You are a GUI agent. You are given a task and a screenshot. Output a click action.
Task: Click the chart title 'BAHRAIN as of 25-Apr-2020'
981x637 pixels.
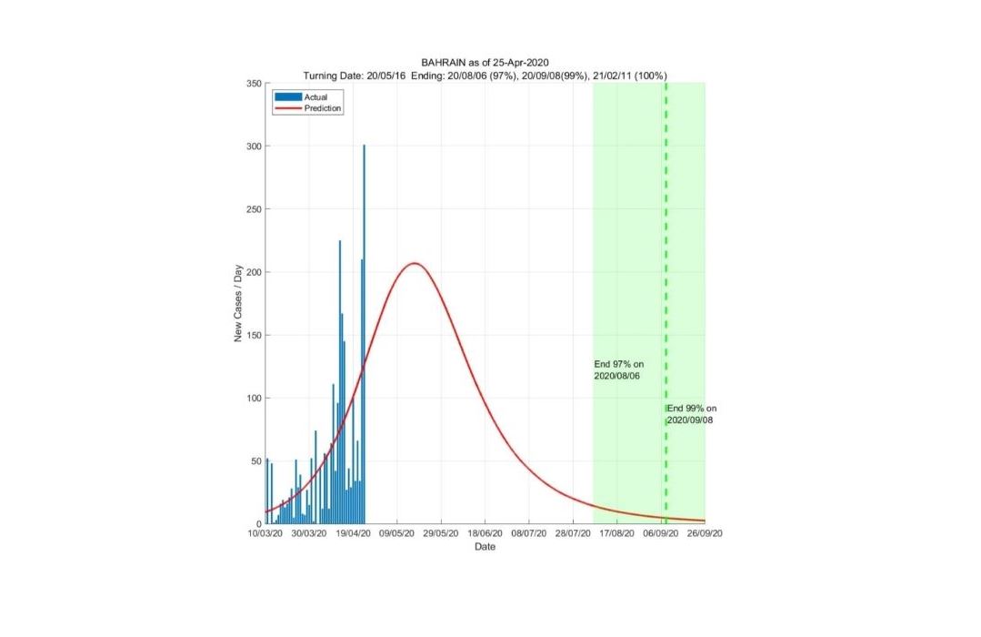485,63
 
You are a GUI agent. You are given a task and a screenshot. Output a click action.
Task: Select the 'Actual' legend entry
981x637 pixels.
316,96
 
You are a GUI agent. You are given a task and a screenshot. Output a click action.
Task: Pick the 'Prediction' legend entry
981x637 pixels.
323,108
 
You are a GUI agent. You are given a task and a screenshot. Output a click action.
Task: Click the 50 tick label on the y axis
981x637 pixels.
255,461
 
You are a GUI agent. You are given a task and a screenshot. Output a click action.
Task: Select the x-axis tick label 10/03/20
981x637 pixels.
265,535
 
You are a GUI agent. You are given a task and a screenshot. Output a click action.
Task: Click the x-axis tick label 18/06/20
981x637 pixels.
485,535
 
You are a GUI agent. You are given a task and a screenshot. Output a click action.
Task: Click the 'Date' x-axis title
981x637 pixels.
485,547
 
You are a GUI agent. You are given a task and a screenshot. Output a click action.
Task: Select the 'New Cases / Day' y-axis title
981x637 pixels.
238,304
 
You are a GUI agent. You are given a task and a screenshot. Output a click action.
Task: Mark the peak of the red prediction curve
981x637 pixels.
415,264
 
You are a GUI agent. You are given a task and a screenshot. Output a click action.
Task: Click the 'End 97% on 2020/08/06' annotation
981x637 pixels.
618,369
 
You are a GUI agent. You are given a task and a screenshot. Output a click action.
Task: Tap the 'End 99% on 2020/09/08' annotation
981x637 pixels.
691,414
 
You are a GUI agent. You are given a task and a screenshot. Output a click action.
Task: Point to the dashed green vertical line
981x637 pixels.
666,227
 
